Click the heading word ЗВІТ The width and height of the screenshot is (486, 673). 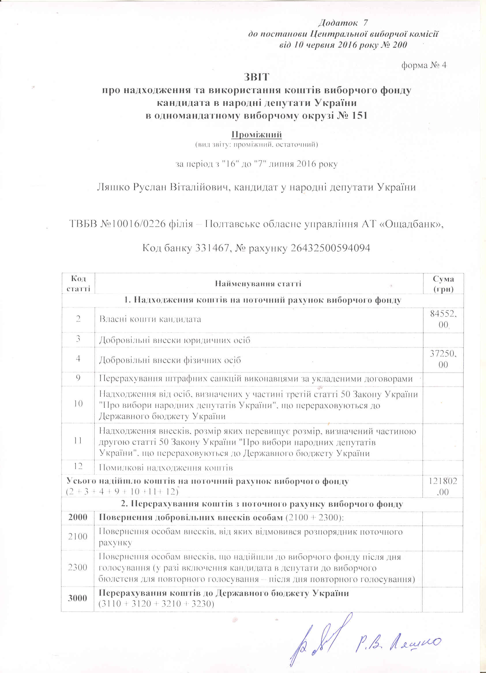(x=256, y=77)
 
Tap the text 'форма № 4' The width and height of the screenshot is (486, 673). (x=424, y=65)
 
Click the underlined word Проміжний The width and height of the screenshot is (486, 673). (x=256, y=135)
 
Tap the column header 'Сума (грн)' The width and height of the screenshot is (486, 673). (x=443, y=284)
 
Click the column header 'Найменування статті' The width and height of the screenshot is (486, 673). (x=258, y=284)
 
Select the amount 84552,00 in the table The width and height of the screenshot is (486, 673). (x=443, y=319)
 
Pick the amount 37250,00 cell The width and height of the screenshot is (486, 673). (x=443, y=359)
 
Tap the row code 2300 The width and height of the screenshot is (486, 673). (x=78, y=567)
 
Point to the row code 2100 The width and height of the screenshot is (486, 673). (x=78, y=536)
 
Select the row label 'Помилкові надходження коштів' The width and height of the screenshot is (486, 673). (x=166, y=468)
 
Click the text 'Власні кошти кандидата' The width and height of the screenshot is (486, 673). (x=150, y=319)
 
